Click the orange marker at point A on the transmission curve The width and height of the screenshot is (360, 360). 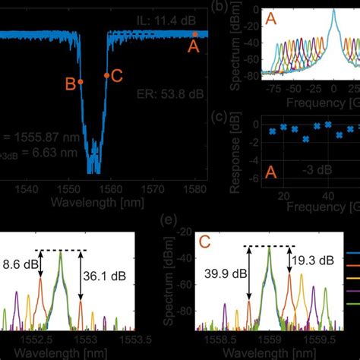click(x=194, y=34)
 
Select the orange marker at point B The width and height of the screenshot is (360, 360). click(x=81, y=81)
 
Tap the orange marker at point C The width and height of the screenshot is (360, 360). click(x=106, y=76)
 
